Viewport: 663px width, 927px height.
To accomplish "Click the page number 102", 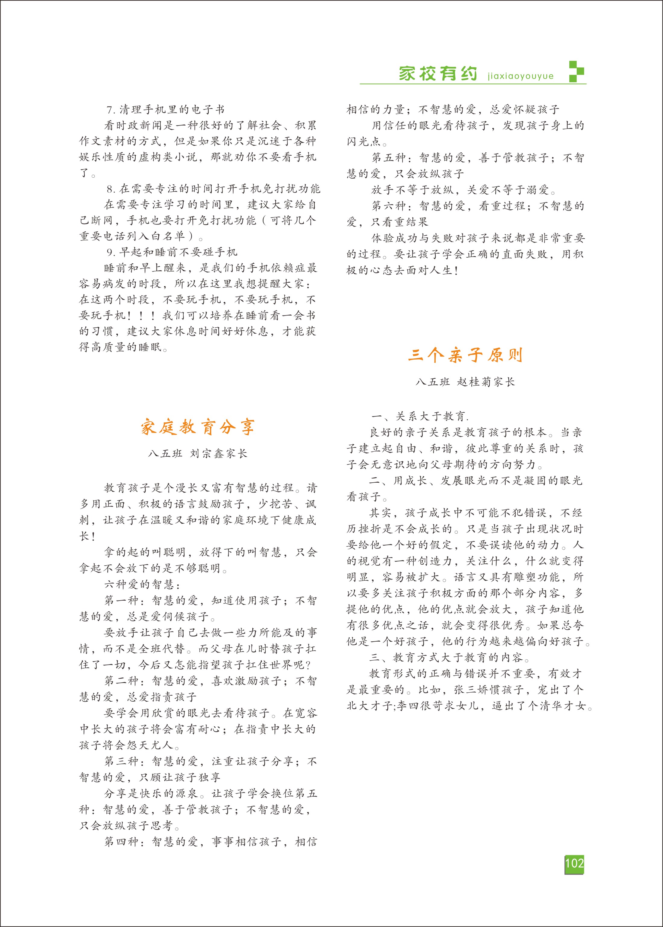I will [x=574, y=863].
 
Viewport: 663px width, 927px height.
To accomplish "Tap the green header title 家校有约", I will [x=438, y=74].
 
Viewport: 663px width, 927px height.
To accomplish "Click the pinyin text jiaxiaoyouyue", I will [x=520, y=76].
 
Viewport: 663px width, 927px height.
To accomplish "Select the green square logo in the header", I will [x=576, y=71].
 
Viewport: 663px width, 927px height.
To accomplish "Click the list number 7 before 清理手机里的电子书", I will [x=109, y=110].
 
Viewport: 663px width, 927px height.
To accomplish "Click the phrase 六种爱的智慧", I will [x=139, y=584].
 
